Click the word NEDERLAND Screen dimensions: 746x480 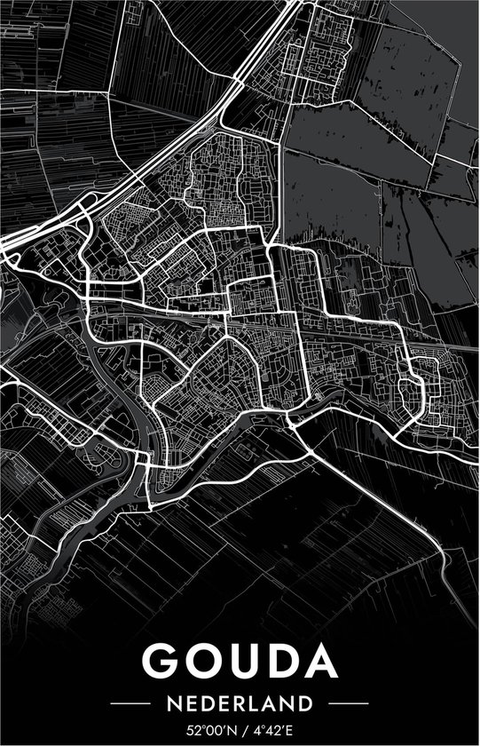pyautogui.click(x=240, y=704)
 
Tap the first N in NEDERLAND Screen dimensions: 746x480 pyautogui.click(x=173, y=704)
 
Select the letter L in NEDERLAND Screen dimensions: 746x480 pyautogui.click(x=257, y=704)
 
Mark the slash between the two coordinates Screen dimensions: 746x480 pyautogui.click(x=243, y=732)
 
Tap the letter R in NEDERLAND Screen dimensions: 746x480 pyautogui.click(x=242, y=704)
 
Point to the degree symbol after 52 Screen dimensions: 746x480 pyautogui.click(x=202, y=728)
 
